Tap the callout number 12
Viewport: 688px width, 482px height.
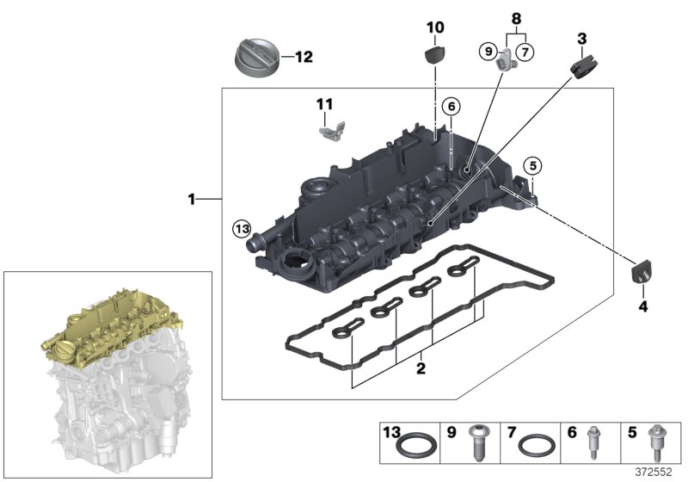pyautogui.click(x=304, y=58)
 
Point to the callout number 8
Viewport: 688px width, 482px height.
pyautogui.click(x=516, y=17)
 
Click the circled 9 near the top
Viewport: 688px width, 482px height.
pyautogui.click(x=488, y=52)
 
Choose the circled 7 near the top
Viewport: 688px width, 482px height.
pyautogui.click(x=525, y=52)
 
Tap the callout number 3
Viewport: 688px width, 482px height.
pyautogui.click(x=581, y=39)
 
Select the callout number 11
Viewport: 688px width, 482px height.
pyautogui.click(x=323, y=104)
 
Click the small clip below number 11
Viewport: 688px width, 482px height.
pyautogui.click(x=332, y=131)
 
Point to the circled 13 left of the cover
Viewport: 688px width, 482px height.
pyautogui.click(x=243, y=229)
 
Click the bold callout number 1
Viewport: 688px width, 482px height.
pyautogui.click(x=193, y=200)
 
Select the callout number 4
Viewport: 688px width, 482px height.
pyautogui.click(x=642, y=306)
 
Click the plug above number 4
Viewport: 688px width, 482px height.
pyautogui.click(x=641, y=273)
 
